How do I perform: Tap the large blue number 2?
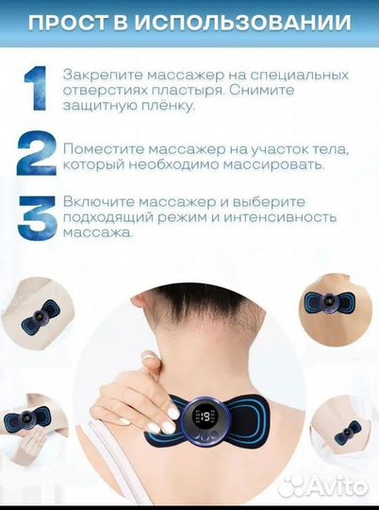coord(35,156)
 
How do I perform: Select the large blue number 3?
coord(36,218)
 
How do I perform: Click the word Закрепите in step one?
coord(100,74)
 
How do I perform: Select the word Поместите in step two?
coord(103,148)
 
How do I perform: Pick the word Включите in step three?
coord(99,202)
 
